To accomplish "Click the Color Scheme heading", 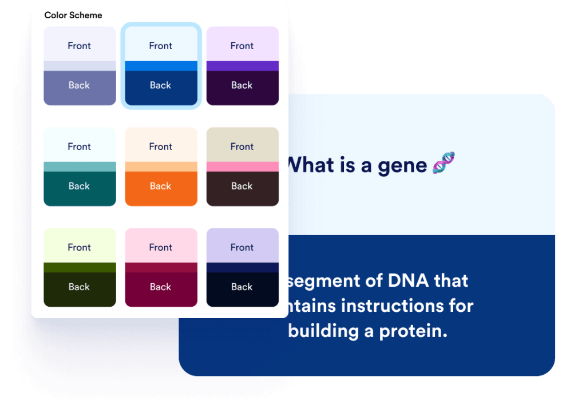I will (x=73, y=15).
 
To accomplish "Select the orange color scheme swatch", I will (x=161, y=167).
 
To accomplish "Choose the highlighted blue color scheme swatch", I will (x=161, y=66).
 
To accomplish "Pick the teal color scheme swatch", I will (x=80, y=167).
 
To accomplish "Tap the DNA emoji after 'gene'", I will (x=444, y=163).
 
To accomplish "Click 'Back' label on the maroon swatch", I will (x=161, y=287).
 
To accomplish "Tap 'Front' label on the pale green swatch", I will (x=80, y=247).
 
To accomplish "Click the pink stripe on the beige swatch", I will (x=242, y=167).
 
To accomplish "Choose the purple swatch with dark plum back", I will (x=242, y=66).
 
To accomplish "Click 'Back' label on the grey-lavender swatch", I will (x=80, y=85).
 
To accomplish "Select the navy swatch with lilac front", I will (x=242, y=267).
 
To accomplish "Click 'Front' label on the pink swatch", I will (x=161, y=247).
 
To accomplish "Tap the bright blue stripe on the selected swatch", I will (x=161, y=66).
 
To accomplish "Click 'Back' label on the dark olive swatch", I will (x=80, y=287).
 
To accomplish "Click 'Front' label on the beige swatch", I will (x=242, y=146).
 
